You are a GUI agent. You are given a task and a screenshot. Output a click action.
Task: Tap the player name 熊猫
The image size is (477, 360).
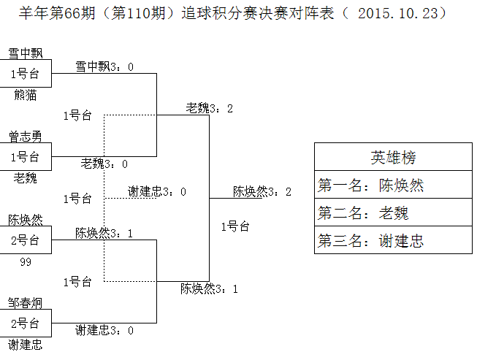[25, 94]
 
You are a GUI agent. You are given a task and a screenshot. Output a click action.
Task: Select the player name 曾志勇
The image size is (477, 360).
[25, 136]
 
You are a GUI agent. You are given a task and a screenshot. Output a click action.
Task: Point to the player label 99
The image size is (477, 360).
[25, 261]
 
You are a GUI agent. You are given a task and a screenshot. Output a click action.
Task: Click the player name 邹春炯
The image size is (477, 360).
[25, 302]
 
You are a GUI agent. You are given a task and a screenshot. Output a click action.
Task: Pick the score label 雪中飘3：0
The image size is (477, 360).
[104, 66]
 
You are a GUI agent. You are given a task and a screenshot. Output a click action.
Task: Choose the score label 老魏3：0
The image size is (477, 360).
[104, 164]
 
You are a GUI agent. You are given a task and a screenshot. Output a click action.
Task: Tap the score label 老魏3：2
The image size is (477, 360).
[210, 108]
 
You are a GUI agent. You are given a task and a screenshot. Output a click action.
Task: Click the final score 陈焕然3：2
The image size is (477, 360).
[262, 191]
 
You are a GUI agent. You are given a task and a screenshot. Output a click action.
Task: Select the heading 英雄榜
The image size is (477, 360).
[393, 158]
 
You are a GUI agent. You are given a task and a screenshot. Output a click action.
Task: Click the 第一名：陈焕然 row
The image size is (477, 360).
[393, 185]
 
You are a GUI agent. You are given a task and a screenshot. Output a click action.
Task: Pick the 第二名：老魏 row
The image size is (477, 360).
[393, 212]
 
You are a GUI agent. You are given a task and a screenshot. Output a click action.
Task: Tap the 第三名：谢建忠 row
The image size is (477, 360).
[393, 240]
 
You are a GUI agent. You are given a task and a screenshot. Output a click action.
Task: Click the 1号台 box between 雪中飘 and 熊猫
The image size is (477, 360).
[25, 74]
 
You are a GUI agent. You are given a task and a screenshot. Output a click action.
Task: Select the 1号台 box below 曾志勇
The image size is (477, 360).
[25, 156]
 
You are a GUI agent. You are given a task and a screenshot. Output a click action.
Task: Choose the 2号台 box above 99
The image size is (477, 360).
[25, 240]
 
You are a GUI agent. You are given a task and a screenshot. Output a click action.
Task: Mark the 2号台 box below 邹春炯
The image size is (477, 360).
[25, 323]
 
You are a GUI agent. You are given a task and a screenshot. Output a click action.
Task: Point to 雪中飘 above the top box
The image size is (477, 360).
[25, 53]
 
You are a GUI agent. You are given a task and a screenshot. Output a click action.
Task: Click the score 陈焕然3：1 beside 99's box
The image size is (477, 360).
[104, 233]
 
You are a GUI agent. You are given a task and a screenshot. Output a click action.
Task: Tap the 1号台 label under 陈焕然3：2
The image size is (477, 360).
[235, 226]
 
